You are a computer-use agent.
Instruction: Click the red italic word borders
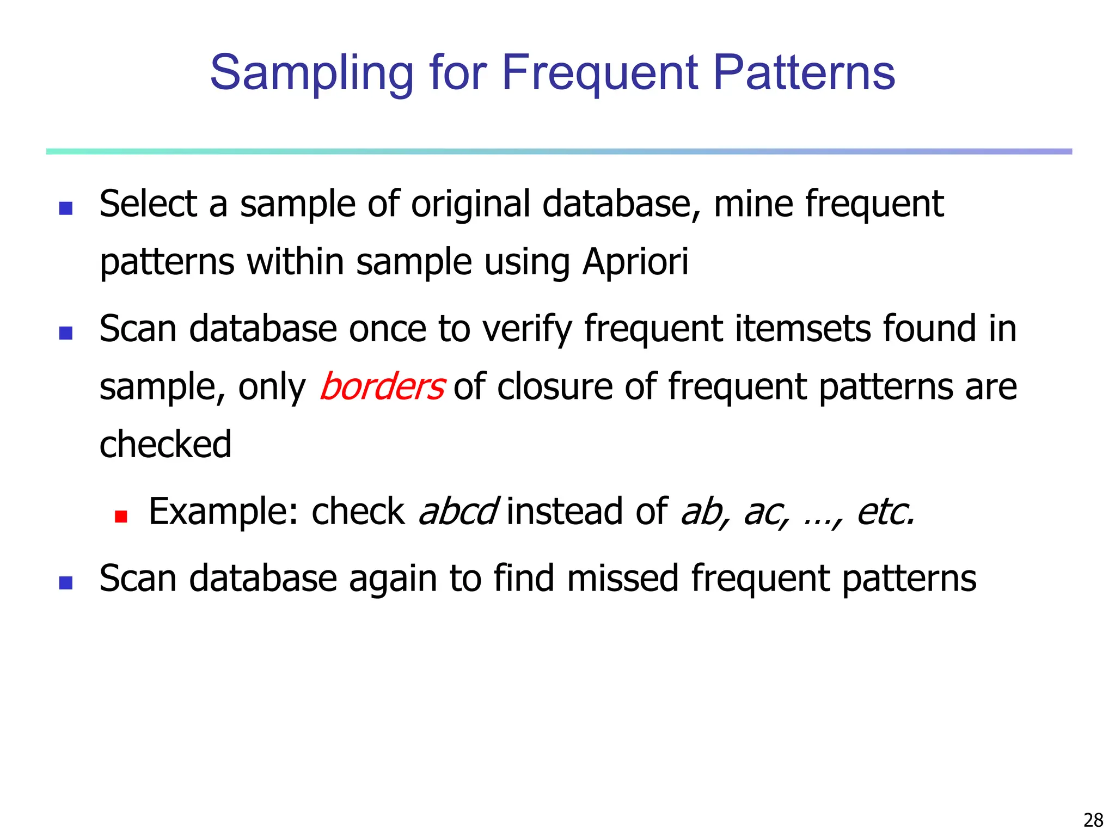click(382, 387)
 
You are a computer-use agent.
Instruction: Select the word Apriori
click(635, 262)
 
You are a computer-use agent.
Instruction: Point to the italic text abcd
click(457, 512)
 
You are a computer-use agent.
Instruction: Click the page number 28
click(1093, 820)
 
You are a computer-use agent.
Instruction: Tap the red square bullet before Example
click(121, 516)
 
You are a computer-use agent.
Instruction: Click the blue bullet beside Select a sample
click(66, 208)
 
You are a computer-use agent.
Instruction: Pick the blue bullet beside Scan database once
click(66, 333)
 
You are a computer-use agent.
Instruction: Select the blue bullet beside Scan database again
click(66, 583)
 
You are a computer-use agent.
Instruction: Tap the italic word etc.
click(885, 512)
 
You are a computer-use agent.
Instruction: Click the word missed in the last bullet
click(622, 578)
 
